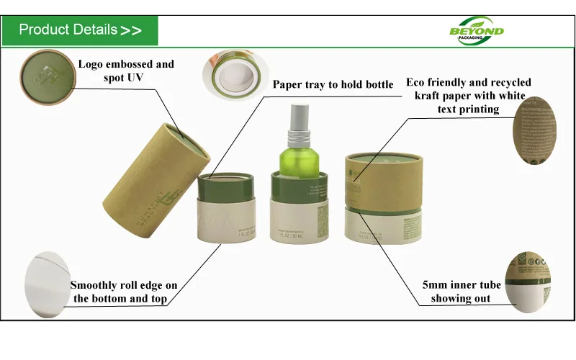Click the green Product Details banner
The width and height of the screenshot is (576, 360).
79,30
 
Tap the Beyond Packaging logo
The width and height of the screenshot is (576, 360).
477,30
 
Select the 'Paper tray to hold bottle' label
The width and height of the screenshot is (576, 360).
333,85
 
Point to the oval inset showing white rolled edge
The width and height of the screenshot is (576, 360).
47,280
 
